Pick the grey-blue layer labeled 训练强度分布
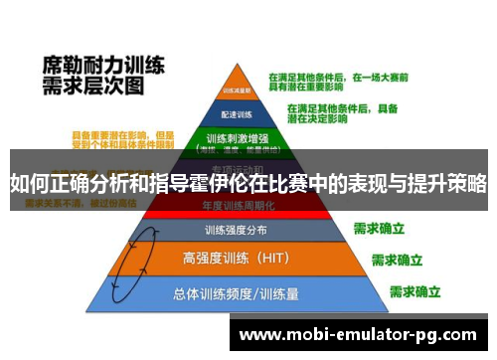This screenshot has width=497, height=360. point(236,230)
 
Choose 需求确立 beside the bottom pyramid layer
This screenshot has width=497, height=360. point(415,291)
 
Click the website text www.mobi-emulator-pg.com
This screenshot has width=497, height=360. point(358,334)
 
